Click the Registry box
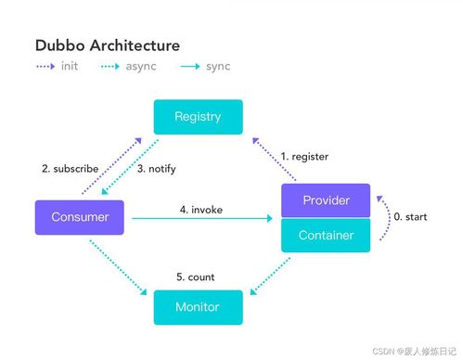(x=198, y=117)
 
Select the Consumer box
(x=79, y=217)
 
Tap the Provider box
(x=326, y=200)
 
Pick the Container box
(x=326, y=235)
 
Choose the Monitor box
(x=198, y=307)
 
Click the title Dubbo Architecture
(x=107, y=45)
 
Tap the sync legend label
(x=218, y=67)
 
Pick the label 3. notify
(x=156, y=169)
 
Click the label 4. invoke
(x=201, y=209)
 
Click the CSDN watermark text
(x=415, y=352)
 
